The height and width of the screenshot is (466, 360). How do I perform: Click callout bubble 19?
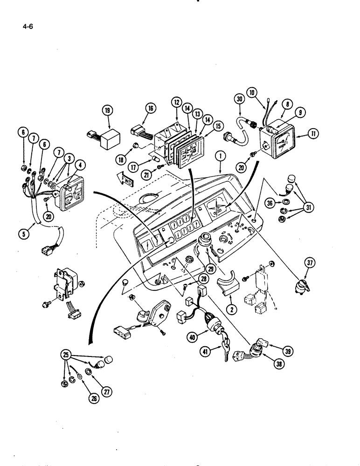pos(108,110)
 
